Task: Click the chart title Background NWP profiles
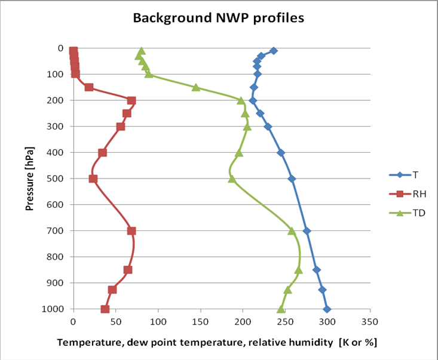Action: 218,18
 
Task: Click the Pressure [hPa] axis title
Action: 29,179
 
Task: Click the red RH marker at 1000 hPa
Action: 105,309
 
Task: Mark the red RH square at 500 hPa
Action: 93,179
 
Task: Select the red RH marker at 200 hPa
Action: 131,100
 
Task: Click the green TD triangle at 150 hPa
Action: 196,87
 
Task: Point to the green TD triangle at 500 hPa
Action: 232,179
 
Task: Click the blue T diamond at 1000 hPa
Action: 327,309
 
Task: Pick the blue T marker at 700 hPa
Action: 307,230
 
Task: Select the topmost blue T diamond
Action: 274,51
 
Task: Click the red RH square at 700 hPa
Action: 131,230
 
